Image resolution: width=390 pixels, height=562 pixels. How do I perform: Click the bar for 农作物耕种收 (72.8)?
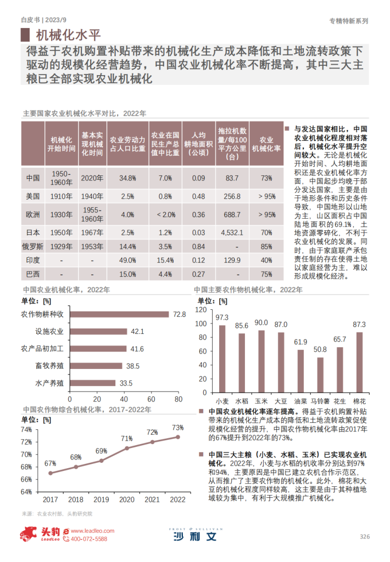pos(119,314)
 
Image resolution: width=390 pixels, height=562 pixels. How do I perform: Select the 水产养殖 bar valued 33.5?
pos(93,383)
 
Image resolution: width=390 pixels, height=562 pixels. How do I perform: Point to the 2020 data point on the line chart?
pos(127,448)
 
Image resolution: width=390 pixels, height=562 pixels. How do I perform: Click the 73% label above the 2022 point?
pos(177,428)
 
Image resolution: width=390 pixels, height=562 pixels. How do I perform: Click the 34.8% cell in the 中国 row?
pos(127,178)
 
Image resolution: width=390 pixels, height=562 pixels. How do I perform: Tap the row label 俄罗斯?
pos(32,246)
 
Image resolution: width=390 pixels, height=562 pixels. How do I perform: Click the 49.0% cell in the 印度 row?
pos(127,260)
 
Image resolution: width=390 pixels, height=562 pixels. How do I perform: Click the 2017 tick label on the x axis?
pos(50,499)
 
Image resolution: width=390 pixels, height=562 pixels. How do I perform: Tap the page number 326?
pos(365,536)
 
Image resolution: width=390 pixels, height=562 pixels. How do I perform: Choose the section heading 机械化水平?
pos(68,36)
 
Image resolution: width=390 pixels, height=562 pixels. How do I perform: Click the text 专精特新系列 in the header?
pos(348,20)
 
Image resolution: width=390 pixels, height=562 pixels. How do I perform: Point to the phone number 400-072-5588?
pos(87,540)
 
